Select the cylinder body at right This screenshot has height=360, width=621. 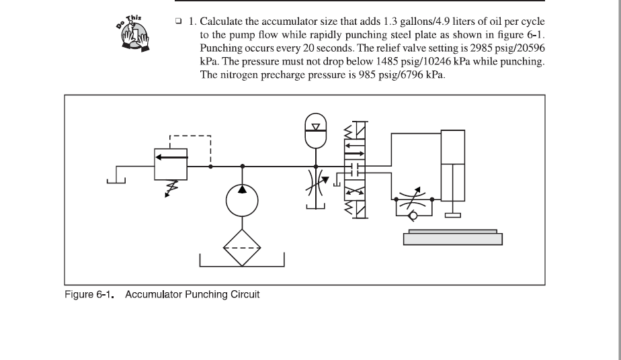coord(453,147)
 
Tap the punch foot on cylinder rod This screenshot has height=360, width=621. coord(452,216)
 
